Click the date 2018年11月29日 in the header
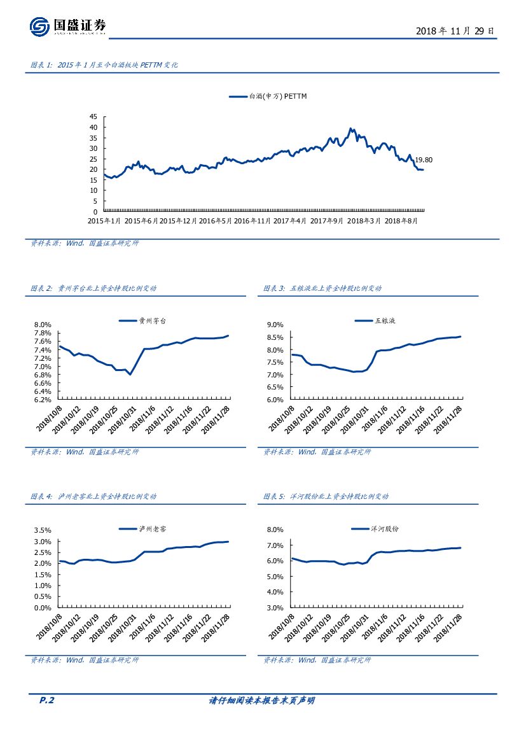coord(454,31)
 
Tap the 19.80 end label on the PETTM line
coord(424,160)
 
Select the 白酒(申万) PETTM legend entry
coord(268,97)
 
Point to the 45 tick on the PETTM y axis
coord(93,117)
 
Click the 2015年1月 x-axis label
coord(104,220)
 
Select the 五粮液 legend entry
coord(375,321)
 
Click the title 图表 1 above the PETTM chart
coord(104,65)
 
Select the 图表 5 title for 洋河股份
coord(326,496)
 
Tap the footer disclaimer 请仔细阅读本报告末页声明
coord(262,701)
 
